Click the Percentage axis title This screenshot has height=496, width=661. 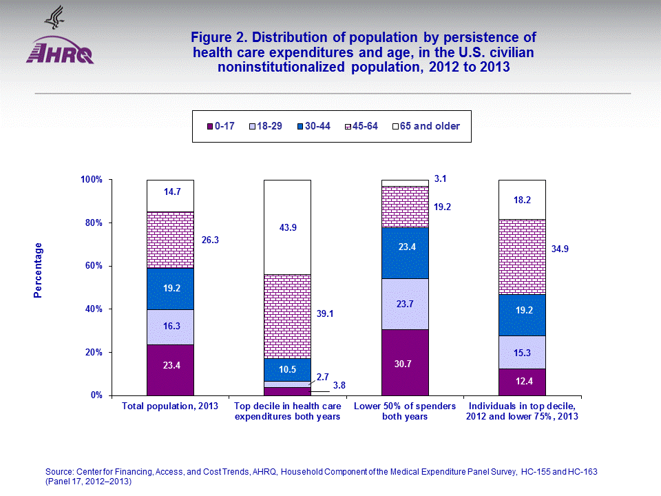pyautogui.click(x=39, y=270)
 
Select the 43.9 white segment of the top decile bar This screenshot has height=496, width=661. pyautogui.click(x=288, y=227)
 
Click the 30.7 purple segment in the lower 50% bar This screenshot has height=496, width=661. pyautogui.click(x=405, y=362)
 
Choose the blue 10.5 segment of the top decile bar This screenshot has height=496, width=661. pyautogui.click(x=288, y=370)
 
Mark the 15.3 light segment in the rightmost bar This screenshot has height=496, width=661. pyautogui.click(x=522, y=352)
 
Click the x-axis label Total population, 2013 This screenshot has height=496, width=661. pyautogui.click(x=170, y=406)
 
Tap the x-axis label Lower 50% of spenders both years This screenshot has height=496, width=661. pyautogui.click(x=405, y=411)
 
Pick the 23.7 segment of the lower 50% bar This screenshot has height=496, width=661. pyautogui.click(x=405, y=304)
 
